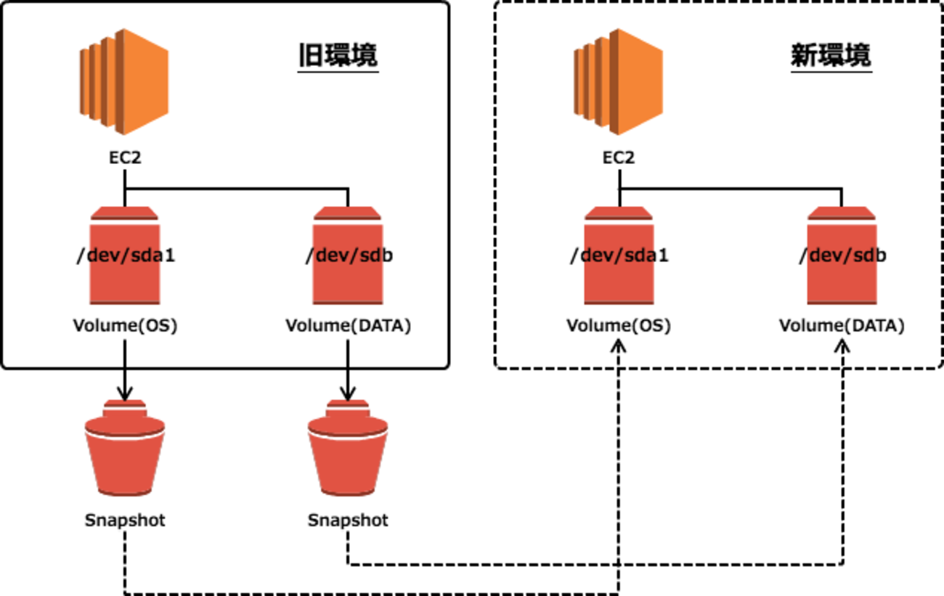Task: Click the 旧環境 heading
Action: pos(338,56)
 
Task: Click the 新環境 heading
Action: pos(831,56)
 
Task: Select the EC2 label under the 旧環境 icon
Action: pos(124,158)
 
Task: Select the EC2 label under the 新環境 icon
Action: pos(618,158)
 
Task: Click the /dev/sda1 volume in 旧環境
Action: pos(125,256)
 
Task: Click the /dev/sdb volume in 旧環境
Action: pos(348,256)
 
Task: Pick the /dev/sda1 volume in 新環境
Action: pos(619,256)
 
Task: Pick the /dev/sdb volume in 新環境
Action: pos(842,256)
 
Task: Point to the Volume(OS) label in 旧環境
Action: pos(125,326)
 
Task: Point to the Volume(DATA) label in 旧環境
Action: pos(348,326)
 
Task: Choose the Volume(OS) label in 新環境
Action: pos(619,326)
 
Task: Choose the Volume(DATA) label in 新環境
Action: pos(842,326)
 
